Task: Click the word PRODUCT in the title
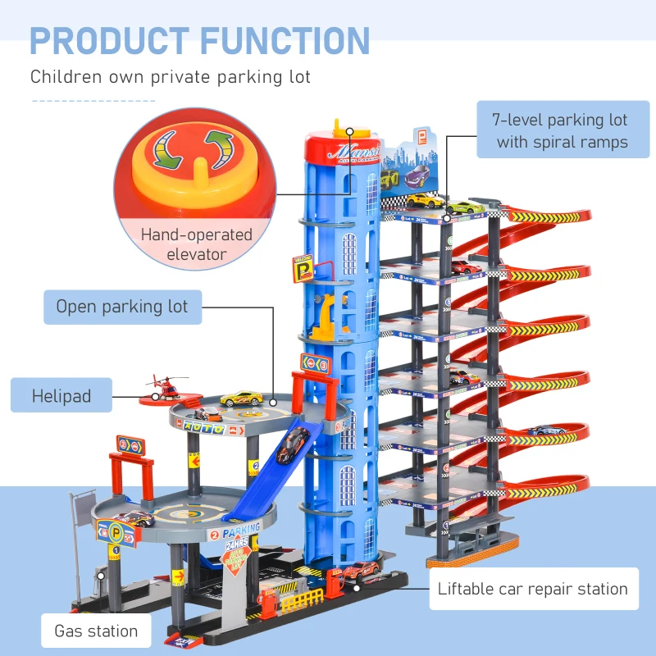pyautogui.click(x=112, y=41)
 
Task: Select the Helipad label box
pyautogui.click(x=61, y=396)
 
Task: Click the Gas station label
pyautogui.click(x=96, y=631)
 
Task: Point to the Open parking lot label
pyautogui.click(x=122, y=307)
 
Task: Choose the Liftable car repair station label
pyautogui.click(x=532, y=589)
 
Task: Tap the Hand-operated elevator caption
pyautogui.click(x=196, y=244)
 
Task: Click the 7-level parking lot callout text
pyautogui.click(x=560, y=131)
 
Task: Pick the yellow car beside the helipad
pyautogui.click(x=240, y=398)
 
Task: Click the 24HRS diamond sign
pyautogui.click(x=240, y=554)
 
